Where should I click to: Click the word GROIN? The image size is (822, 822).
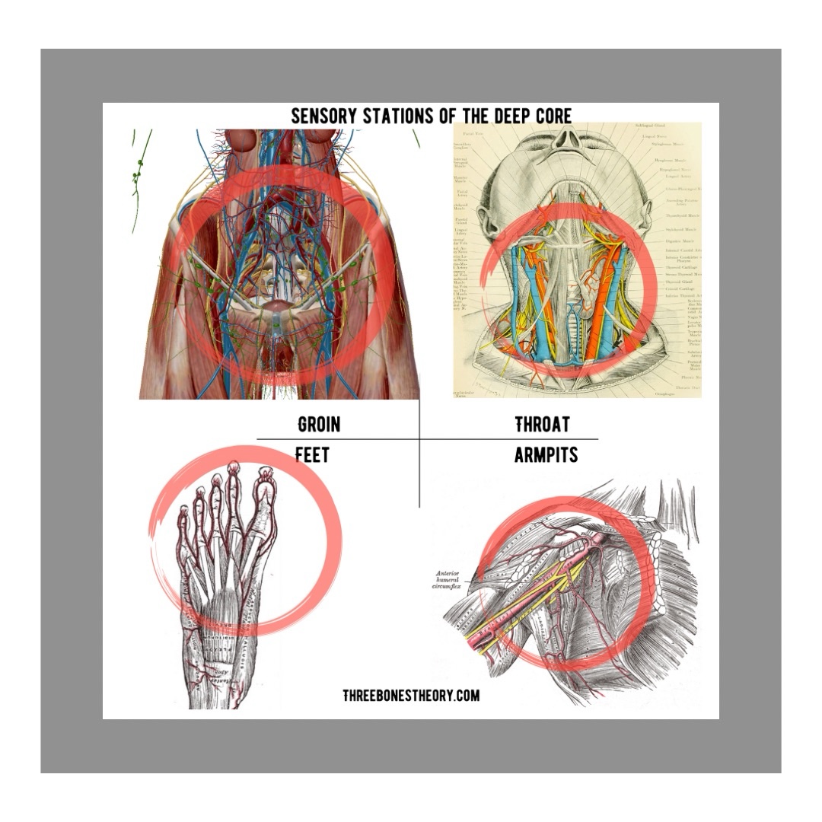pyautogui.click(x=318, y=424)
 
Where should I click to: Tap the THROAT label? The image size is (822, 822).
pyautogui.click(x=542, y=424)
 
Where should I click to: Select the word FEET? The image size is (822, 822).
pyautogui.click(x=312, y=455)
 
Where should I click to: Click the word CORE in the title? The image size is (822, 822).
pyautogui.click(x=550, y=116)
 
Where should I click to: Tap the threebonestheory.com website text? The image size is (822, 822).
pyautogui.click(x=411, y=695)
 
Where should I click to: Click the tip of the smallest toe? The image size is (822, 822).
pyautogui.click(x=183, y=507)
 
